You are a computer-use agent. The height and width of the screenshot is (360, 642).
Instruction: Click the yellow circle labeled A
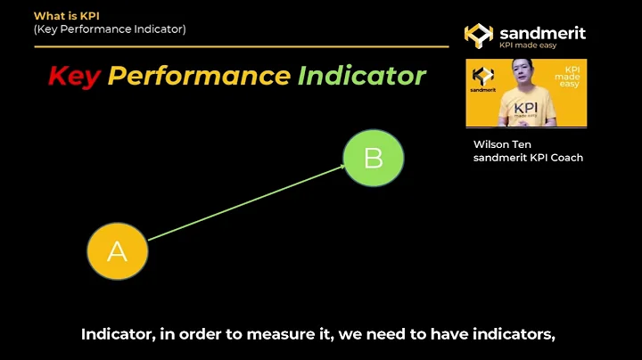(x=117, y=252)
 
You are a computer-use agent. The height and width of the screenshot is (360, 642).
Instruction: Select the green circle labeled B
(x=374, y=158)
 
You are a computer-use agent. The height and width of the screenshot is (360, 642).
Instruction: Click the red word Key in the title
(x=73, y=76)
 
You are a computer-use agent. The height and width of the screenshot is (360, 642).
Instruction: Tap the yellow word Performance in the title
(x=199, y=76)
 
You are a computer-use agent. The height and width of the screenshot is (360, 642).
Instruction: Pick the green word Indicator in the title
(x=361, y=76)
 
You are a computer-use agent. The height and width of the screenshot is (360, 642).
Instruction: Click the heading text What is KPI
(x=66, y=16)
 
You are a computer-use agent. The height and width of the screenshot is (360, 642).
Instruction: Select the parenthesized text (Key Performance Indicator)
(x=110, y=29)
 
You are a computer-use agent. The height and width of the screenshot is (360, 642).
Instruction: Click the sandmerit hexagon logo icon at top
(x=478, y=35)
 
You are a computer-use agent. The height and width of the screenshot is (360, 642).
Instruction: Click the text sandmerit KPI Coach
(x=528, y=158)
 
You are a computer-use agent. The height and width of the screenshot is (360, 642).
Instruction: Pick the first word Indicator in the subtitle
(x=116, y=335)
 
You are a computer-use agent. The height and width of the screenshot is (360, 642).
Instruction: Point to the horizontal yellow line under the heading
(x=241, y=46)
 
